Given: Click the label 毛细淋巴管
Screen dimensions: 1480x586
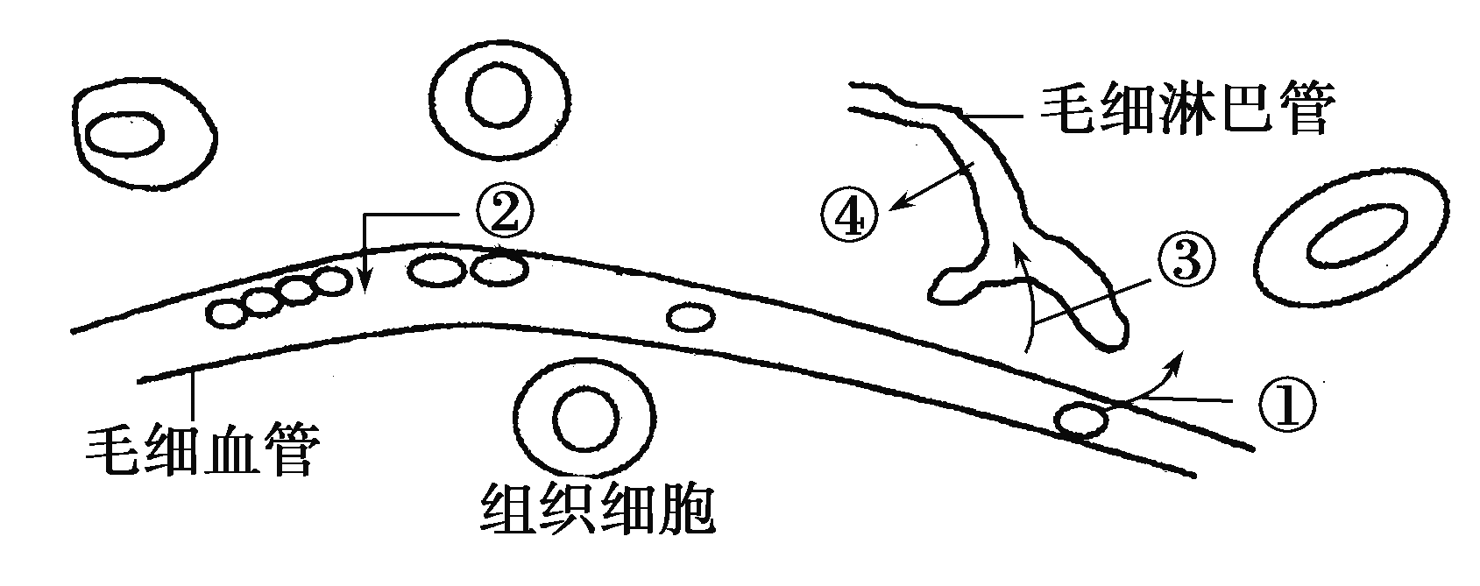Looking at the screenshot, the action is (1187, 109).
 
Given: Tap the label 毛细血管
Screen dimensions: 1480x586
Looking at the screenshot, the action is (203, 450).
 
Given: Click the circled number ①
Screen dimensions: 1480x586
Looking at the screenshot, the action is (1286, 406).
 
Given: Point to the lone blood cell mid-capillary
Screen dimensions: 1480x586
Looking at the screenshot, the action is (690, 318).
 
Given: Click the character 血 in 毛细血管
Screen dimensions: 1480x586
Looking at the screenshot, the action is (232, 450).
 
